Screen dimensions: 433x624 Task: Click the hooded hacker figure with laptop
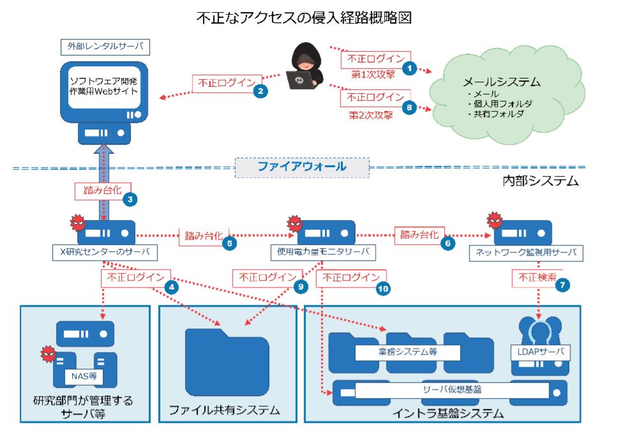coord(302,67)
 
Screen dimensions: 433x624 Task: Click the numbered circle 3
coord(130,199)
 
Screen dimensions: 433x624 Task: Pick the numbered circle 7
coord(562,286)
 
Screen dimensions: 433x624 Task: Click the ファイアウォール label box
coord(302,166)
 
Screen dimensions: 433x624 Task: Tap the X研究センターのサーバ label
coord(103,253)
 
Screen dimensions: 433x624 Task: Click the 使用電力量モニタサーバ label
coord(323,253)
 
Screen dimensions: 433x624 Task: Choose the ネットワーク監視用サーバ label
coord(526,253)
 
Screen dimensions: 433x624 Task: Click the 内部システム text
coord(540,181)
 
